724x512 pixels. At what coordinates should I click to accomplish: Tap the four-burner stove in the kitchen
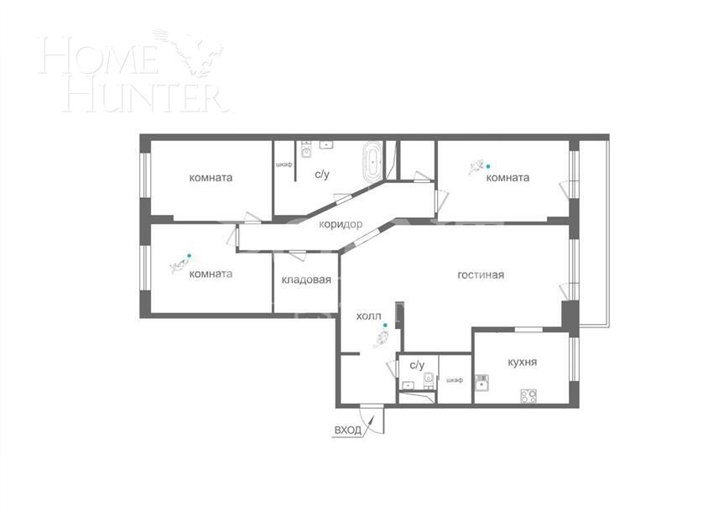[529, 394]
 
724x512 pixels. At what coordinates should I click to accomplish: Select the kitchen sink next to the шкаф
[482, 385]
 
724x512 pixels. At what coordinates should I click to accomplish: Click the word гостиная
[481, 274]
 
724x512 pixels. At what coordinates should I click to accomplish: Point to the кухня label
[522, 363]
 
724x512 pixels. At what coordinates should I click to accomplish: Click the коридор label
[341, 224]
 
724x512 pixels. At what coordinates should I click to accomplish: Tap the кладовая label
[306, 280]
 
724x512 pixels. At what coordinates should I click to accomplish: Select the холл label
[368, 316]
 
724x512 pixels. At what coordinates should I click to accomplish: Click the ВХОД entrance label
[347, 430]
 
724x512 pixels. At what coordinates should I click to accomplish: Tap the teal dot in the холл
[385, 325]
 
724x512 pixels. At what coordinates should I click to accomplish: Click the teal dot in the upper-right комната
[489, 166]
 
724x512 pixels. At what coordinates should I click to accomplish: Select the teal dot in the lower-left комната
[189, 255]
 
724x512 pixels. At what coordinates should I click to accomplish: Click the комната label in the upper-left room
[211, 177]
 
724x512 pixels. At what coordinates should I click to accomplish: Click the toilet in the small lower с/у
[428, 379]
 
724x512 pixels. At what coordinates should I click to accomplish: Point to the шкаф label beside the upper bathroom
[284, 165]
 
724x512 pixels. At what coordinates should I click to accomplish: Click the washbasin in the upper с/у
[326, 145]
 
